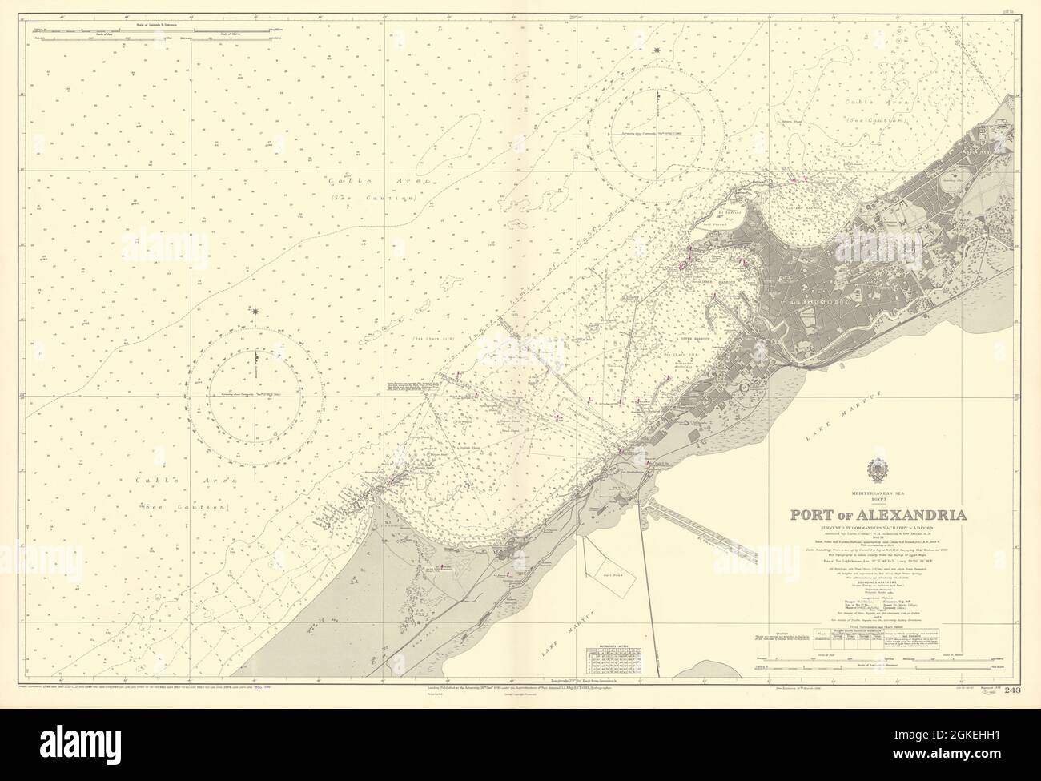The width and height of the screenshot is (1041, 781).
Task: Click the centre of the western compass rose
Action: [x=256, y=393]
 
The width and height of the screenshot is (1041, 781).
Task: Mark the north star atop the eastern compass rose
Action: [x=657, y=51]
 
